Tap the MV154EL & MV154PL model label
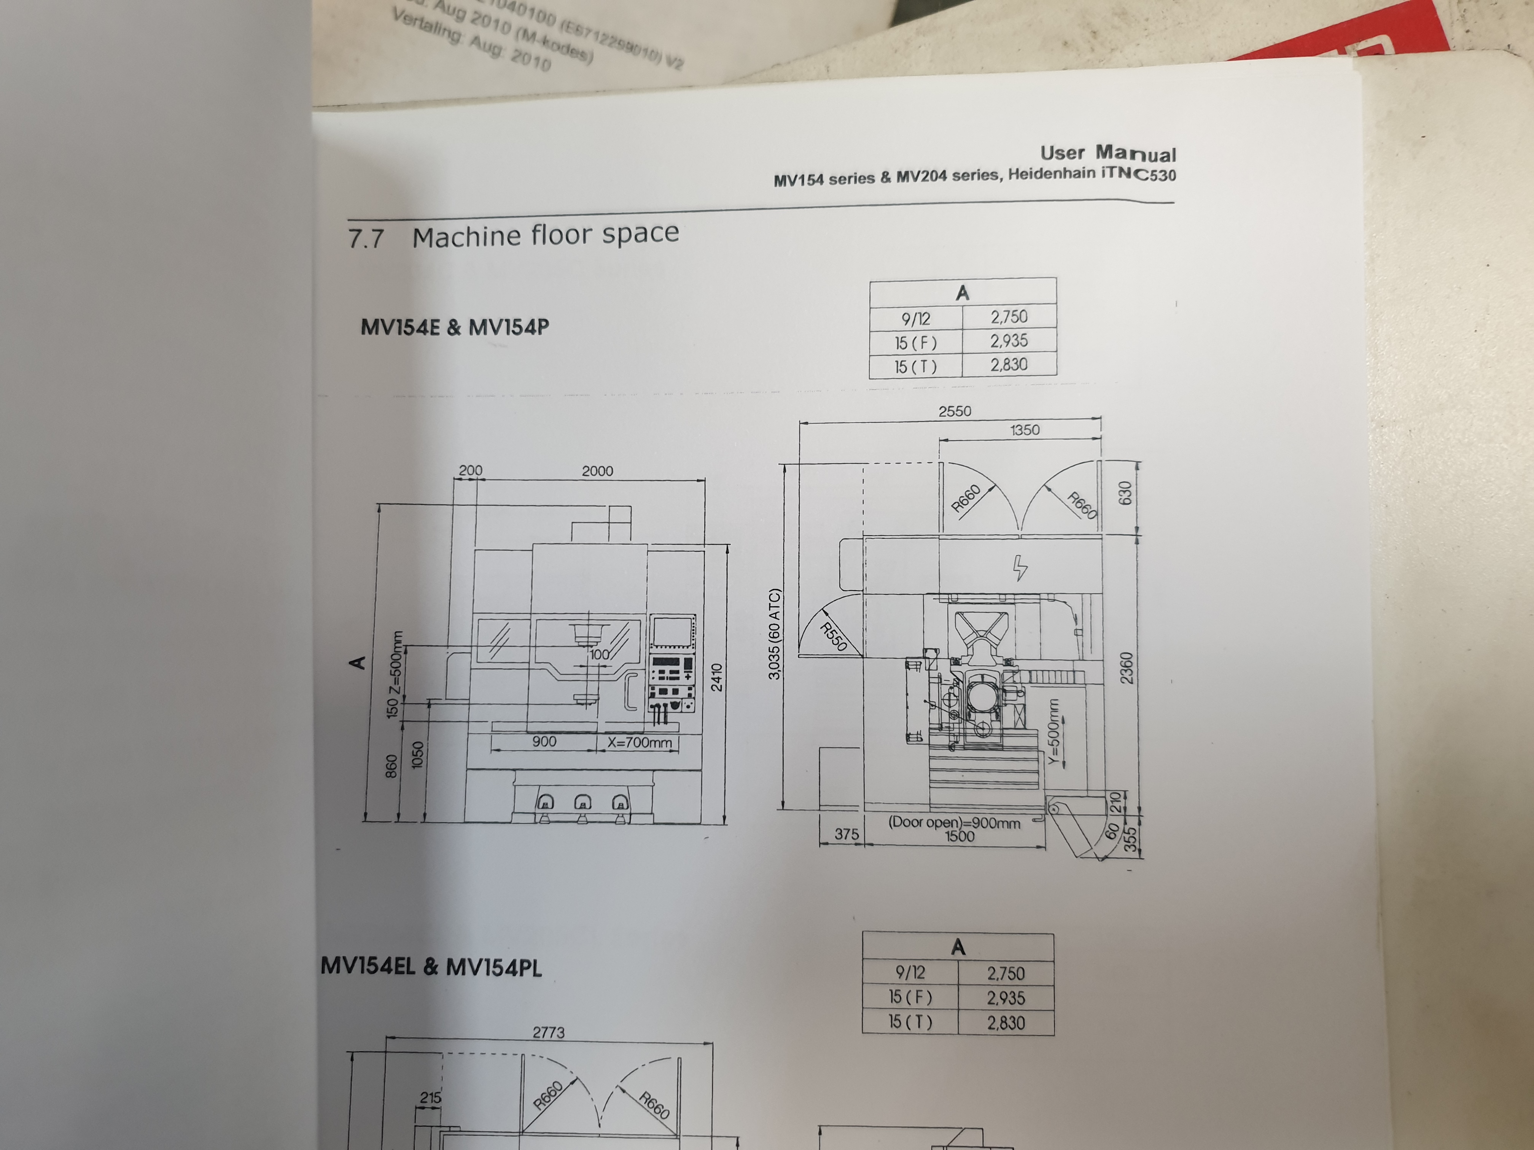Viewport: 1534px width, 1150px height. [431, 966]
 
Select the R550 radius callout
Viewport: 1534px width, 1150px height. [833, 636]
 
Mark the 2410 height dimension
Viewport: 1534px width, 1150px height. [717, 677]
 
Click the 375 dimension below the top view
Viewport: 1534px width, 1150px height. [846, 834]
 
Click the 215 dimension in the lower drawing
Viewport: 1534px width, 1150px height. [430, 1098]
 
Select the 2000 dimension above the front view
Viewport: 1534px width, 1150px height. [597, 471]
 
